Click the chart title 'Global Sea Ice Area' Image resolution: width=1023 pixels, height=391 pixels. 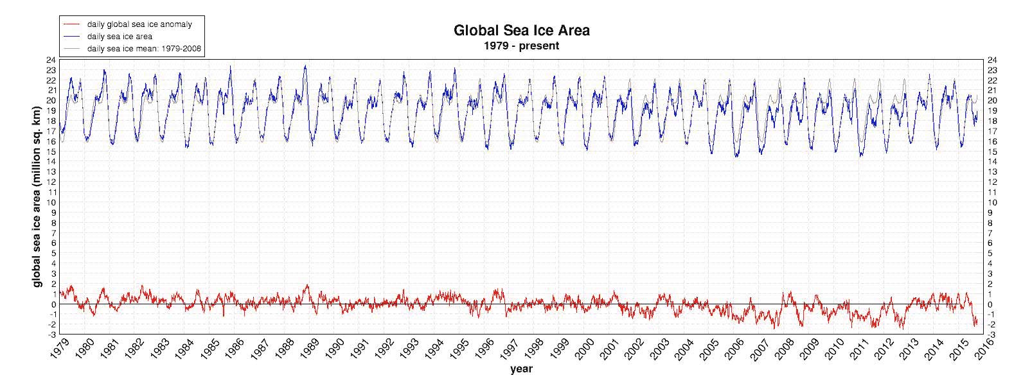point(521,30)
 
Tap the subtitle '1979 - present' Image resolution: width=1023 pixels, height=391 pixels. point(521,46)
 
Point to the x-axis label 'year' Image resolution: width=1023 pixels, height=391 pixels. point(521,369)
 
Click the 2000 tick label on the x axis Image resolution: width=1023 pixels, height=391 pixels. point(585,350)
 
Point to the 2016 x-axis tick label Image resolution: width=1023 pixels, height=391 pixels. point(984,350)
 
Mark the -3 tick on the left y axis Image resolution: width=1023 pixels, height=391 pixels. point(51,335)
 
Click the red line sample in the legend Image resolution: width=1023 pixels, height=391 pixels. point(73,24)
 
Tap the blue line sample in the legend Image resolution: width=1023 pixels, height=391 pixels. point(73,36)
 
